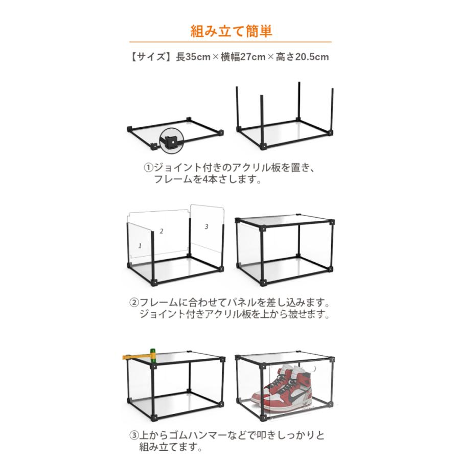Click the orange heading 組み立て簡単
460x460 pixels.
(231, 30)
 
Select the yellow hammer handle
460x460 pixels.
(135, 356)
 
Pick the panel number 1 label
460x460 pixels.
(140, 246)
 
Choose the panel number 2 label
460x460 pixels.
(162, 231)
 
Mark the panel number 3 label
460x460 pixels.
(206, 226)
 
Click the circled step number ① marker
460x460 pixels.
(148, 168)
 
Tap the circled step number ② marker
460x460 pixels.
(133, 303)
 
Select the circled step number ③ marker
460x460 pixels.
(133, 436)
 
